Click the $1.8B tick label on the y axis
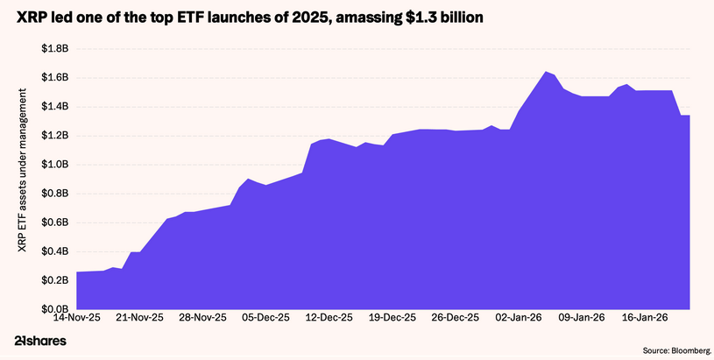[x=55, y=49]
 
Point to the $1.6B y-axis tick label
[x=55, y=78]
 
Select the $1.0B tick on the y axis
[x=55, y=165]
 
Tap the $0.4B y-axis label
[x=55, y=251]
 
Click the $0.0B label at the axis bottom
[x=55, y=309]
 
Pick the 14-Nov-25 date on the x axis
[x=76, y=319]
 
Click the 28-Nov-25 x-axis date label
[x=202, y=319]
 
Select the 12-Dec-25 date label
[x=329, y=319]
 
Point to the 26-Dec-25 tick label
[x=456, y=319]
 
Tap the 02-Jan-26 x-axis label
[x=518, y=319]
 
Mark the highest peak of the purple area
[x=546, y=72]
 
